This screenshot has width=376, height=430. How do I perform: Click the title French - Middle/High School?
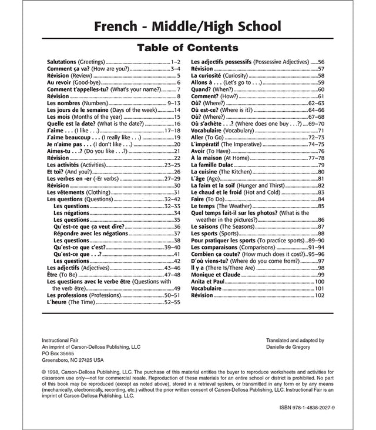(187, 26)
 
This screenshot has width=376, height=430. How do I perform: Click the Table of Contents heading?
(187, 48)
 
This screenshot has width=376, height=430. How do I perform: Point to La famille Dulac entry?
(218, 165)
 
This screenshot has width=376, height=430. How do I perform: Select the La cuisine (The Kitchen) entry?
(224, 172)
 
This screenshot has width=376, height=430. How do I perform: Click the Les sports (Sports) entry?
(217, 234)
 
